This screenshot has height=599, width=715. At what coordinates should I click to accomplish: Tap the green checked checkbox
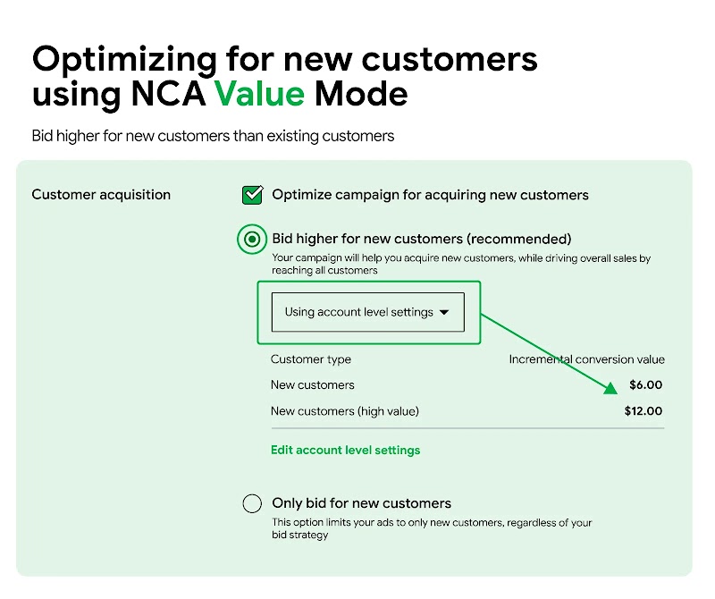(253, 194)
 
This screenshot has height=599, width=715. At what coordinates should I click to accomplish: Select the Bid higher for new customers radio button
(253, 239)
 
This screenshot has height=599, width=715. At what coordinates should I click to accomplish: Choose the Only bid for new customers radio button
(253, 503)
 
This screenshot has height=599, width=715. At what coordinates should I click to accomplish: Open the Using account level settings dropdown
(367, 312)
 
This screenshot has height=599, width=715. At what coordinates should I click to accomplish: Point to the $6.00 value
(645, 384)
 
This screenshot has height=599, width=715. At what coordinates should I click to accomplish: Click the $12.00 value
(643, 411)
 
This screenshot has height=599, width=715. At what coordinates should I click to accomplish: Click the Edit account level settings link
(345, 450)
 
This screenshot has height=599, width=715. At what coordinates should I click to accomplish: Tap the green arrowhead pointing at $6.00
(610, 386)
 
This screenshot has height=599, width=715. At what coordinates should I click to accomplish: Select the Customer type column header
(311, 359)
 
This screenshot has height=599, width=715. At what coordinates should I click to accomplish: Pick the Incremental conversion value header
(586, 359)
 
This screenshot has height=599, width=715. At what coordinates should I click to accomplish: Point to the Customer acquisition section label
(101, 194)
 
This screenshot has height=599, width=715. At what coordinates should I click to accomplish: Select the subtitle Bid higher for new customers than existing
(213, 136)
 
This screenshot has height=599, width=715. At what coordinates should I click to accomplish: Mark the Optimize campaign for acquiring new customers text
(430, 194)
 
